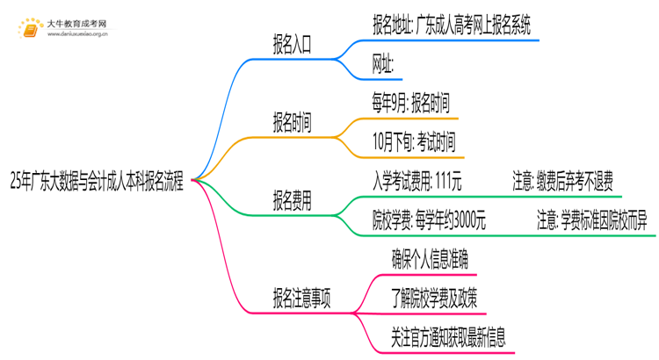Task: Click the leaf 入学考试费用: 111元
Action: point(417,182)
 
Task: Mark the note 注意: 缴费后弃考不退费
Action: point(567,182)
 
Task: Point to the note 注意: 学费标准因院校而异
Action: point(591,220)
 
